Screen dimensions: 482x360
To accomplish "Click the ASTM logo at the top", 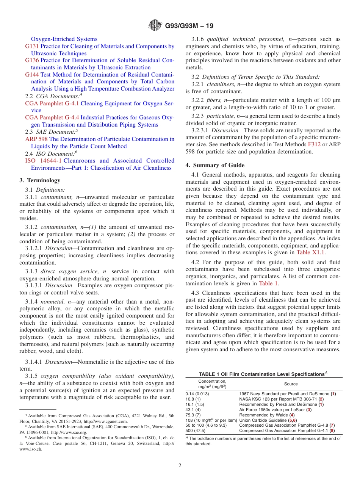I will pos(155,26).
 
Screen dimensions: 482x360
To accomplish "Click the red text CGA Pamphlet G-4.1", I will pos(52,103).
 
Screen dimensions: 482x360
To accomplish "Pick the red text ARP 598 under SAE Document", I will pos(36,139).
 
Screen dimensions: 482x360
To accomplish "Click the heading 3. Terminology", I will pos(39,180).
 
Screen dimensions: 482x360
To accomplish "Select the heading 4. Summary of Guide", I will pos(215,165).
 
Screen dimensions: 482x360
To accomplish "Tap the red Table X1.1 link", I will pos(310,252).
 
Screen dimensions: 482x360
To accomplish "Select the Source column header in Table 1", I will pos(291,384).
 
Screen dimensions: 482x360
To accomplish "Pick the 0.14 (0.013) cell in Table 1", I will pos(197,394).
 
